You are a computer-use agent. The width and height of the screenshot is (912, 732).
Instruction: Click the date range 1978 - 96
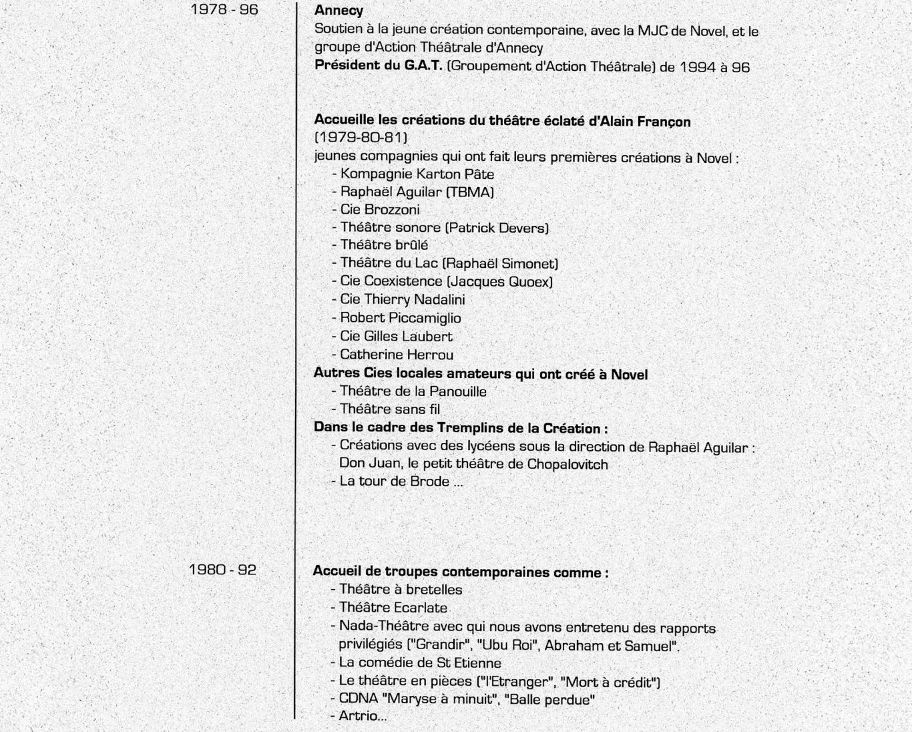(224, 10)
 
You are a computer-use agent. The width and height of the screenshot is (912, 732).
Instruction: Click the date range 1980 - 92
(222, 570)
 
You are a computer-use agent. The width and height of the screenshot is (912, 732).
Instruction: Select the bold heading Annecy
(338, 11)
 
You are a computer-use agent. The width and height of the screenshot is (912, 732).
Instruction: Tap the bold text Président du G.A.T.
(379, 67)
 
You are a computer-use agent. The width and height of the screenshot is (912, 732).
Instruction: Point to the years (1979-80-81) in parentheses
(361, 138)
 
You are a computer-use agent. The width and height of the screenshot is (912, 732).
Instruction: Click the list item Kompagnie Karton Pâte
(417, 174)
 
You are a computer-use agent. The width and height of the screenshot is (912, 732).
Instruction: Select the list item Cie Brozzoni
(379, 210)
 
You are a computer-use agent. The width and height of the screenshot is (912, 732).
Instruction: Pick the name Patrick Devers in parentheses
(497, 228)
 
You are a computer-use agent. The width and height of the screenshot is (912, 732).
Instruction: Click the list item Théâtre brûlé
(384, 245)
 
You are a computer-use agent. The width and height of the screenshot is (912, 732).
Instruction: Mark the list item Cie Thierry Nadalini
(402, 300)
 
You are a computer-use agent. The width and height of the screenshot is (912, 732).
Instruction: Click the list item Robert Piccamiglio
(400, 318)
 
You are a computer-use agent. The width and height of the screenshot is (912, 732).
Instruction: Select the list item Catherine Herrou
(397, 355)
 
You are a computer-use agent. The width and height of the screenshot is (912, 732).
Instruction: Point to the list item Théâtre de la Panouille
(413, 391)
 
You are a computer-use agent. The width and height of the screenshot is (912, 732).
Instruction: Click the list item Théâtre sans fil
(389, 409)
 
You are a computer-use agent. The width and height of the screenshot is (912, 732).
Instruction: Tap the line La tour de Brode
(401, 482)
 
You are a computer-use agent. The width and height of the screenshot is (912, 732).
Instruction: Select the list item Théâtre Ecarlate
(393, 608)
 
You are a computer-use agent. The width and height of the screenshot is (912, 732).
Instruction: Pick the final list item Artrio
(362, 717)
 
